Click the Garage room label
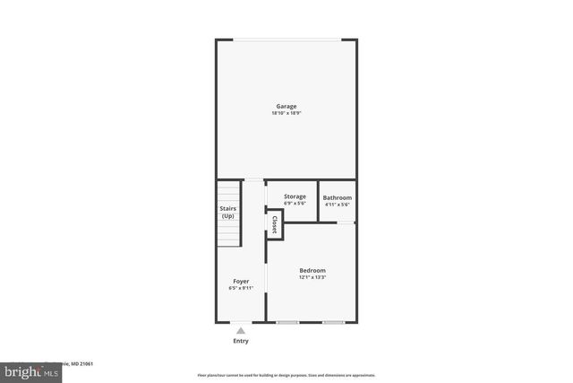286,107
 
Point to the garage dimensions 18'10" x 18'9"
286,114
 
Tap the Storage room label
295,196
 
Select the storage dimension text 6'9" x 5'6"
295,204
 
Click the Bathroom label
338,197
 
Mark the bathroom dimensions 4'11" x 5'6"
338,205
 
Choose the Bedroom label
312,270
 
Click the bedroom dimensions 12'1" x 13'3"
312,277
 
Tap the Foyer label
241,281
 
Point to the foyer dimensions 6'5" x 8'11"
241,288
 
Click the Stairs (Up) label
228,213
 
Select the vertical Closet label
275,224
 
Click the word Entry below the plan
241,341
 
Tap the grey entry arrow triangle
241,331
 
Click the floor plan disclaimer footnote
286,375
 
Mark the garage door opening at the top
286,39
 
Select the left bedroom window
287,322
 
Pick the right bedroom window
333,322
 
